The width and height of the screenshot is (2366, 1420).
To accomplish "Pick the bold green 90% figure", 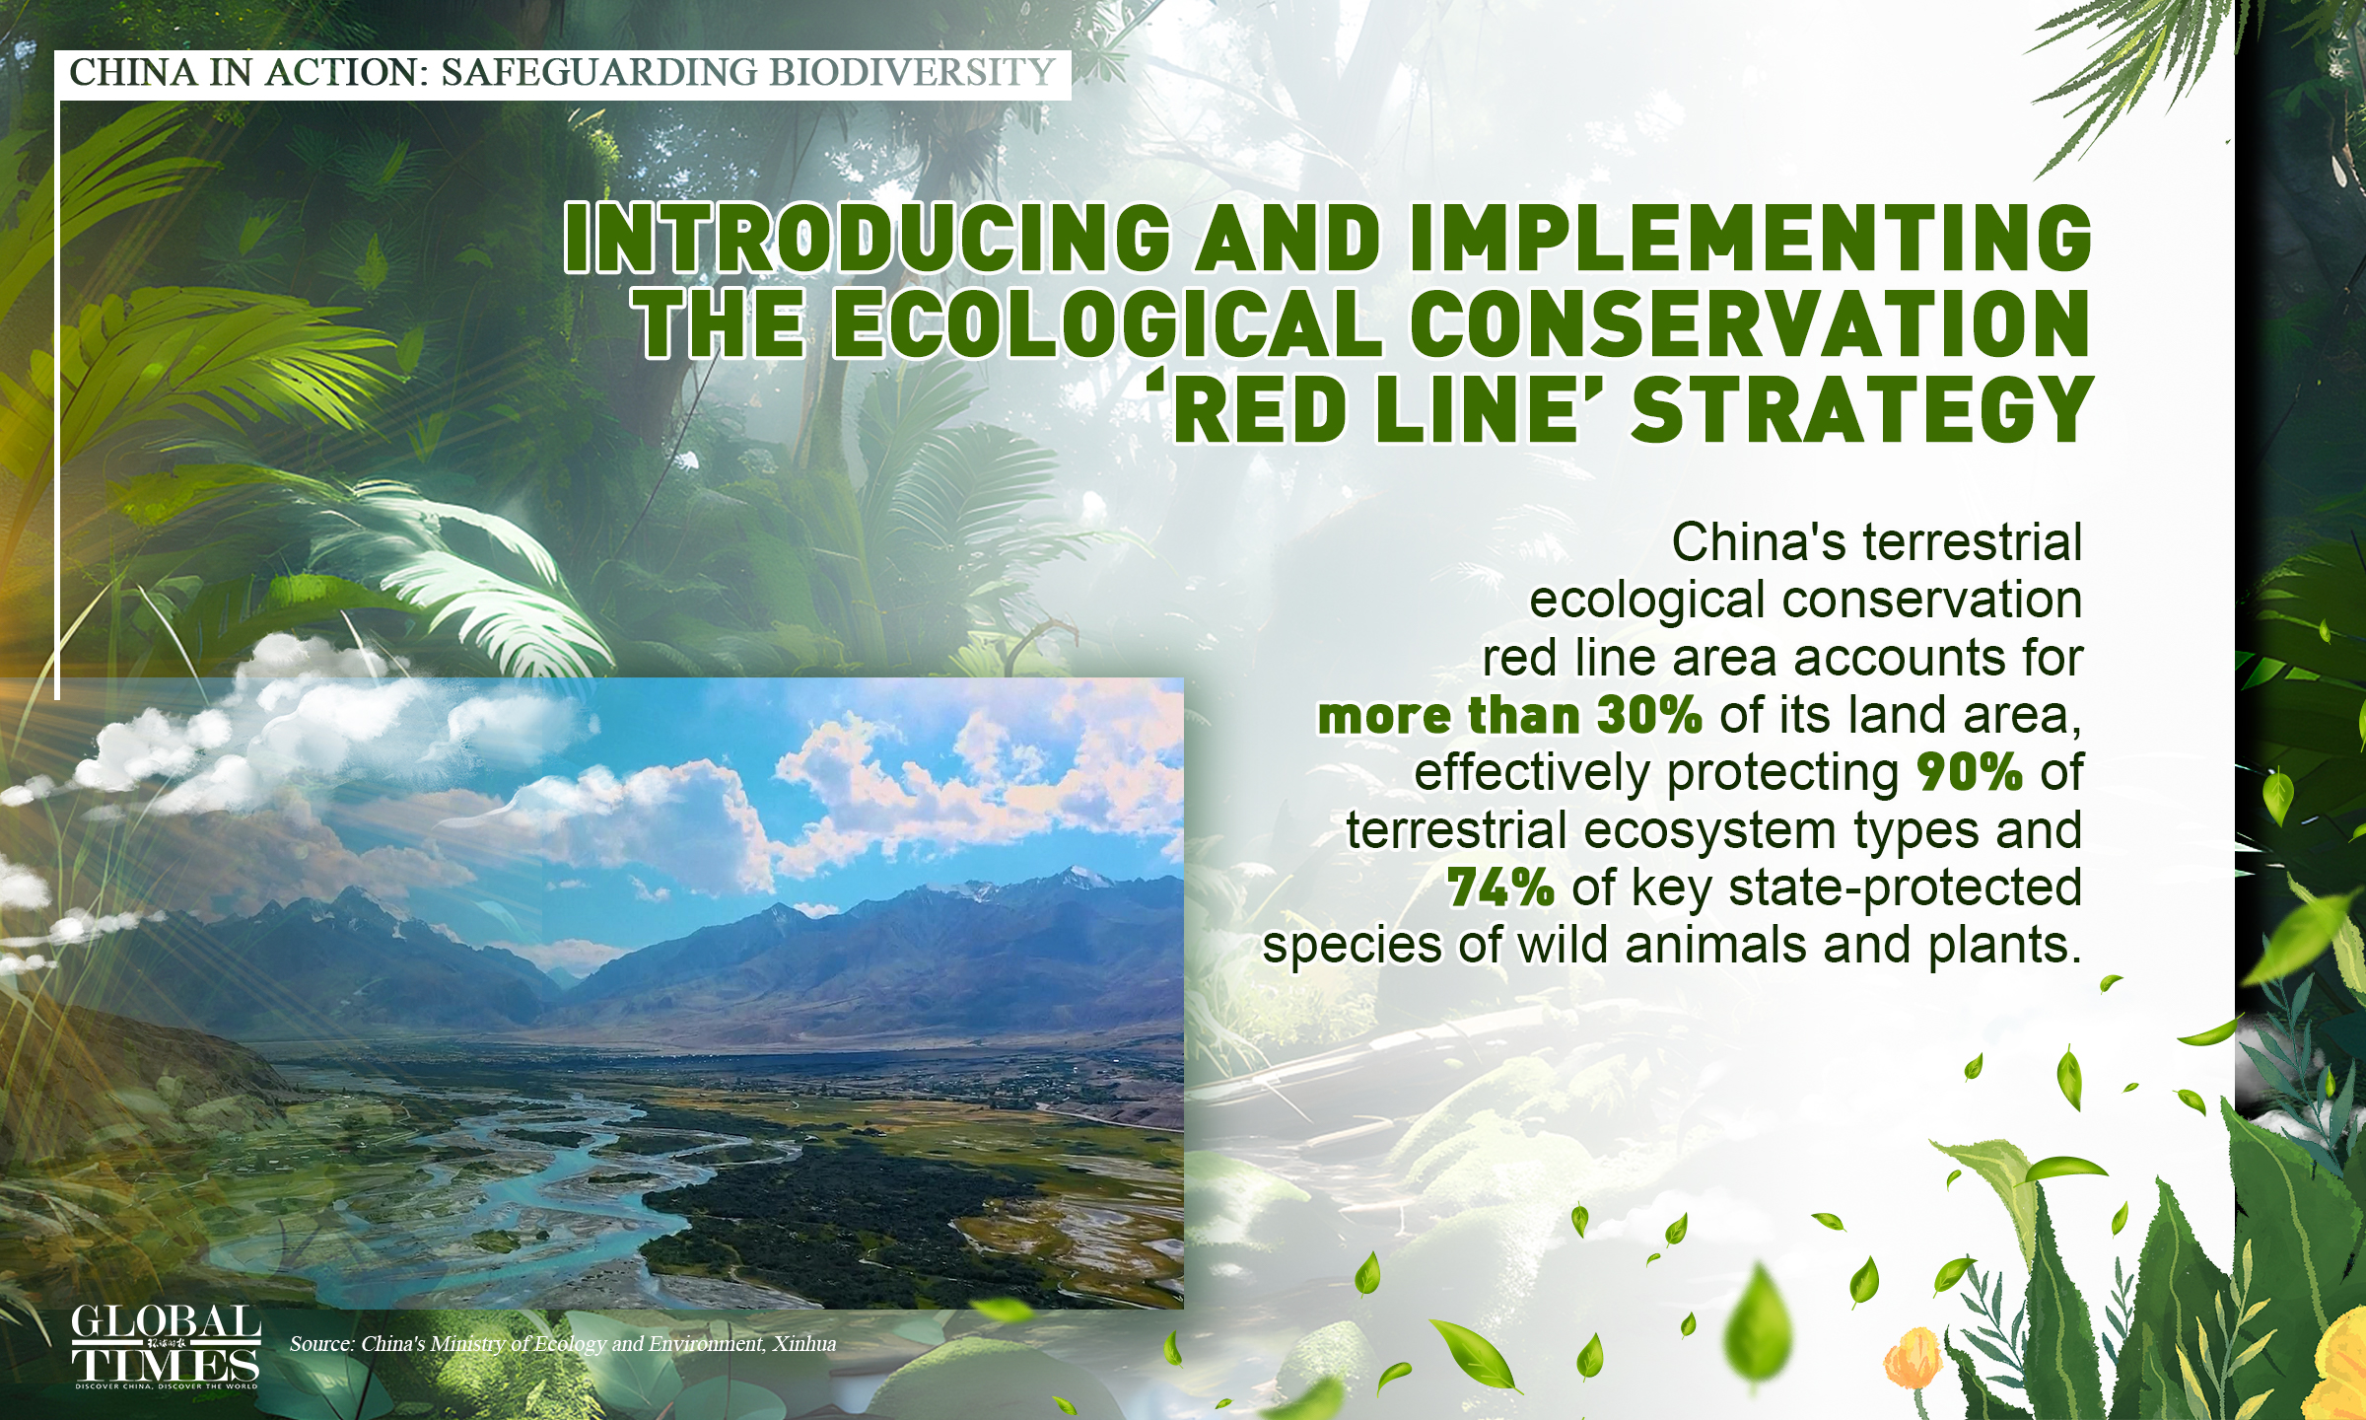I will coord(1970,772).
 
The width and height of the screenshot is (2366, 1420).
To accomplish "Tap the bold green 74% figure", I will coord(1500,887).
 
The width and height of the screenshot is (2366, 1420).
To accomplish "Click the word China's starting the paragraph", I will coord(1758,542).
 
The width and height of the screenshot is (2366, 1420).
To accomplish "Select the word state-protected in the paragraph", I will coord(1905,887).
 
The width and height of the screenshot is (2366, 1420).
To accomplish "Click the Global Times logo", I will coord(166,1346).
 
